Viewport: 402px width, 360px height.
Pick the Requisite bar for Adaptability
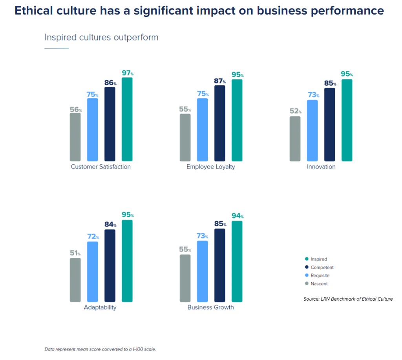(x=92, y=272)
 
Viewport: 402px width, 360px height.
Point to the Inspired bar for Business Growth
(x=237, y=261)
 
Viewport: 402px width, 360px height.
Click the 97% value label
(x=128, y=73)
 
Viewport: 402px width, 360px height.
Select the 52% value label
(x=295, y=111)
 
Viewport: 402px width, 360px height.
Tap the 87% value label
(x=220, y=81)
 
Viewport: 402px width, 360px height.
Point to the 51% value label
(x=75, y=253)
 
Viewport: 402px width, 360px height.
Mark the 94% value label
(x=237, y=216)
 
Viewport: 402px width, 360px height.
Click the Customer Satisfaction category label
(x=101, y=167)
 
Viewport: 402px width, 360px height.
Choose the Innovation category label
(x=321, y=167)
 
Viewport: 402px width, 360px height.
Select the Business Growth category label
(x=210, y=307)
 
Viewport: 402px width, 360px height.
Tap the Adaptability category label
(x=100, y=307)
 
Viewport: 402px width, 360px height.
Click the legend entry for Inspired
(x=318, y=259)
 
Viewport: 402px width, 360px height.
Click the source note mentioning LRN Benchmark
(x=348, y=299)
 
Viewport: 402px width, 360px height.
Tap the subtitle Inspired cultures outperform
(x=101, y=37)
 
